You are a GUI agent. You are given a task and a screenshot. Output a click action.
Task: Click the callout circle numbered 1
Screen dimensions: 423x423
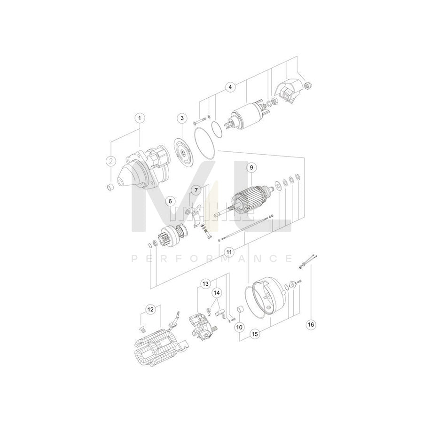139,117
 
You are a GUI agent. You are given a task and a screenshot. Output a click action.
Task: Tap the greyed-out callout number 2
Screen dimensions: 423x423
110,161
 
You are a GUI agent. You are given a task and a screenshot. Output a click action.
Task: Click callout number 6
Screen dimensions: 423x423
170,201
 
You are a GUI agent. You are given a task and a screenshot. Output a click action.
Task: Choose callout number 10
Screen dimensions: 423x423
239,326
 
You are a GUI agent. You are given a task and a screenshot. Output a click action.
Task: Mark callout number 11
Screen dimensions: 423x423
228,252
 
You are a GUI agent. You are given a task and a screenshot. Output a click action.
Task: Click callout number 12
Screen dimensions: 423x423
150,309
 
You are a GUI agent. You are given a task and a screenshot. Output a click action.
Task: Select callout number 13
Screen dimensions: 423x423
205,283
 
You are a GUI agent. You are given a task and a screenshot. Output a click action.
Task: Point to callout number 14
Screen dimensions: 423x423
217,293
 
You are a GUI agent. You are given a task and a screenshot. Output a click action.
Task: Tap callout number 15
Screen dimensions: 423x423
255,334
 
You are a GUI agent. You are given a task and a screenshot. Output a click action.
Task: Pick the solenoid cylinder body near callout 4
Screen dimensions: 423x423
245,116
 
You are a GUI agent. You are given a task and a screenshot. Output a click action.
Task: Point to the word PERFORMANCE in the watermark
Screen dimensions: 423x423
211,258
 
